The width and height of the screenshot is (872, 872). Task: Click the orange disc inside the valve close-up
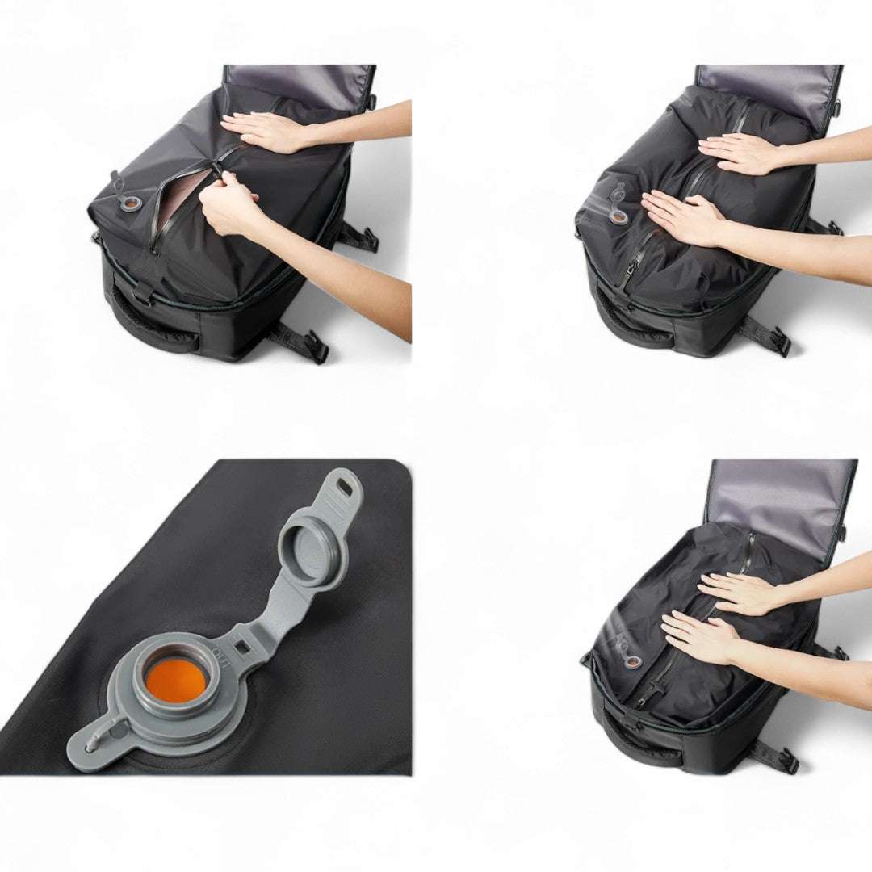176,679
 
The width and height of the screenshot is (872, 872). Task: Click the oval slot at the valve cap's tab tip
345,488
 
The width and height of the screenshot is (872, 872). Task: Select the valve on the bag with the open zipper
127,199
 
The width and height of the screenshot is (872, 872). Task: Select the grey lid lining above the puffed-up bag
767,85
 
